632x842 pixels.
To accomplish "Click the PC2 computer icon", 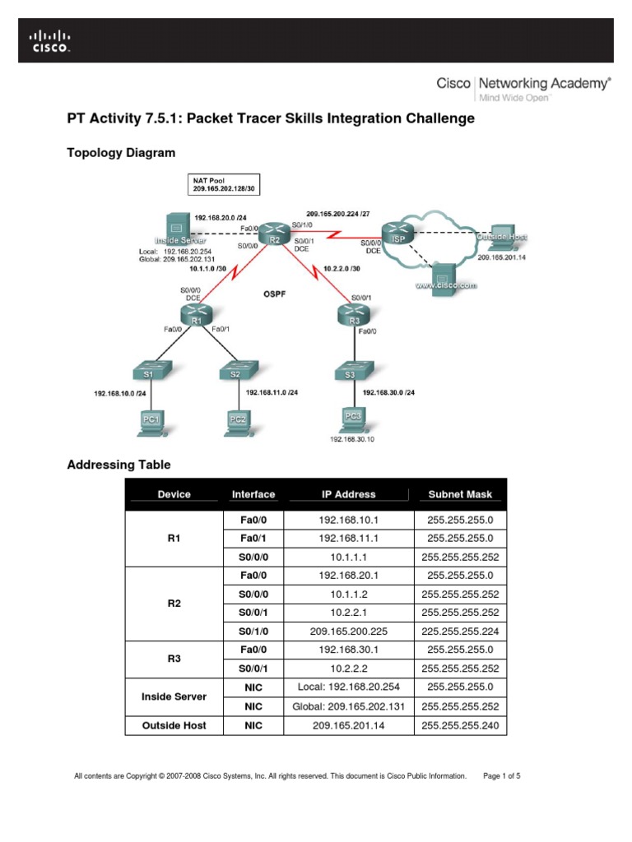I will click(238, 419).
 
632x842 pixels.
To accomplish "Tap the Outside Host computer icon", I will click(501, 237).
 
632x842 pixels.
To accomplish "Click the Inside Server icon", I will click(175, 227).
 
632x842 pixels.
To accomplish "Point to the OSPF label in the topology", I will click(273, 292).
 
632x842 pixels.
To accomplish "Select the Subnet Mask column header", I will click(460, 494).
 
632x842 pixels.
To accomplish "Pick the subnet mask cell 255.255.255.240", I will click(460, 726).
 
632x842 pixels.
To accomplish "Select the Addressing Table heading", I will click(118, 465).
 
